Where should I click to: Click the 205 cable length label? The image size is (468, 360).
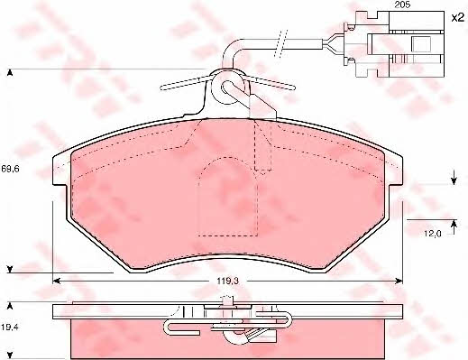point(403,5)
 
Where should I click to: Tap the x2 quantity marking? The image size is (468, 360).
point(457,18)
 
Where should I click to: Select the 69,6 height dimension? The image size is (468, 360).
point(10,169)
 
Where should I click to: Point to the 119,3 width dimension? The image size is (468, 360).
point(228,281)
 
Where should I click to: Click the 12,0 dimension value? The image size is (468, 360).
point(433,234)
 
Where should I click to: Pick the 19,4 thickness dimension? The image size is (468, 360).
point(10,327)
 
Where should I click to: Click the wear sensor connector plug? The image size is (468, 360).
point(394,44)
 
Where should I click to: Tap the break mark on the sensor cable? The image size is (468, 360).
point(281,43)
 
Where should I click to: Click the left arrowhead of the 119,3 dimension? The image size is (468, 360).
point(56,281)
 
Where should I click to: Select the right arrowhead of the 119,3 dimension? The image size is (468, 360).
point(399,281)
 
